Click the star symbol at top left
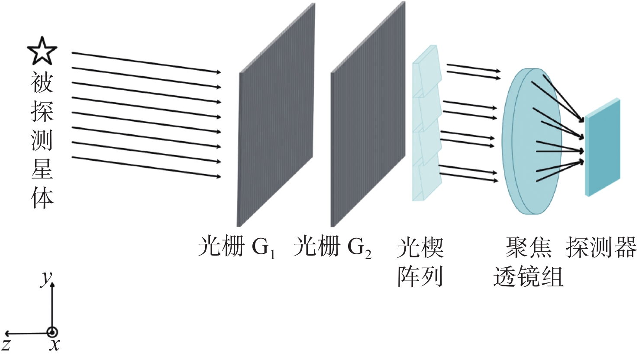point(42,50)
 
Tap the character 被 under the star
point(42,83)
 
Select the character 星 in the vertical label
point(42,169)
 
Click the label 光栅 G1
point(236,247)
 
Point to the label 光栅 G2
point(332,247)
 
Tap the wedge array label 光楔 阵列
point(420,262)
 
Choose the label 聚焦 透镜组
point(528,262)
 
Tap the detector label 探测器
point(601,247)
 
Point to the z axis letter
point(6,345)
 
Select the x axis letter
point(54,345)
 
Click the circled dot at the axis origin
point(52,332)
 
